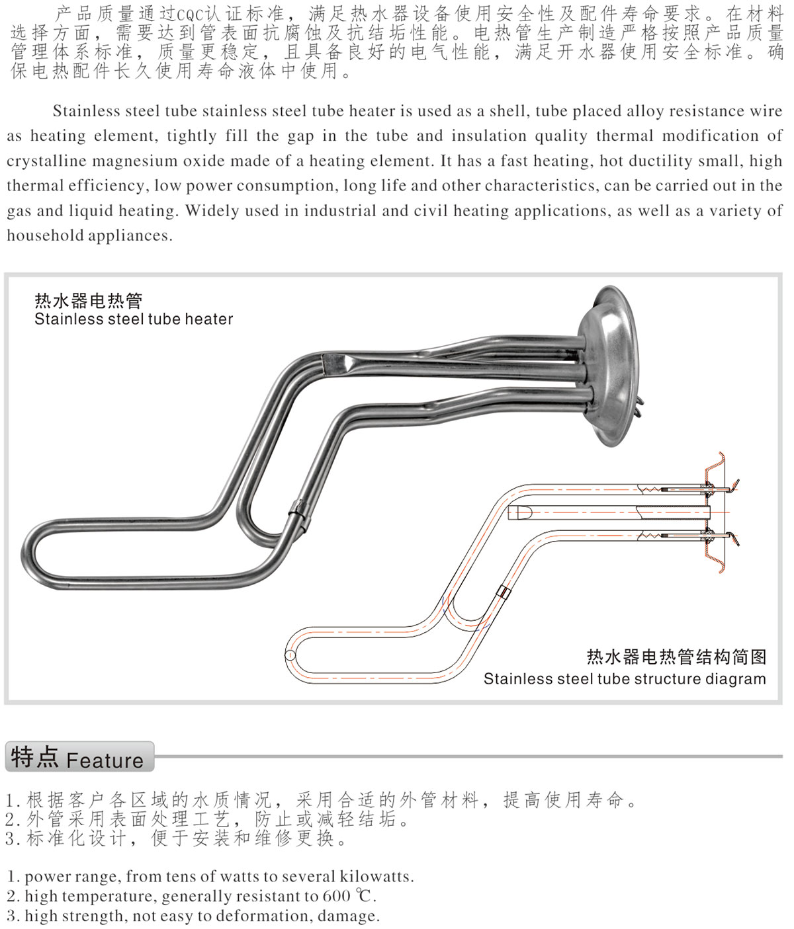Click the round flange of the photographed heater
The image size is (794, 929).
pos(609,366)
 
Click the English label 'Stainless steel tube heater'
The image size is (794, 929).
pos(134,319)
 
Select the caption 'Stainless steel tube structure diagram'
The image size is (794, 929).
pos(625,678)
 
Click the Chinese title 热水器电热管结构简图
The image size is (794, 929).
pos(676,657)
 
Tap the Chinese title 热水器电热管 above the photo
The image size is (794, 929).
pos(89,301)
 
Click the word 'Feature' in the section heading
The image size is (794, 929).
pos(105,760)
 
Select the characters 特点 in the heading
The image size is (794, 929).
pos(34,757)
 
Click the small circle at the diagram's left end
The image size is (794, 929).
pos(290,655)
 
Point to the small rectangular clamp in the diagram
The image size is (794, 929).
pos(504,592)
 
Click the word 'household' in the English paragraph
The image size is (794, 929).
pos(44,235)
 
